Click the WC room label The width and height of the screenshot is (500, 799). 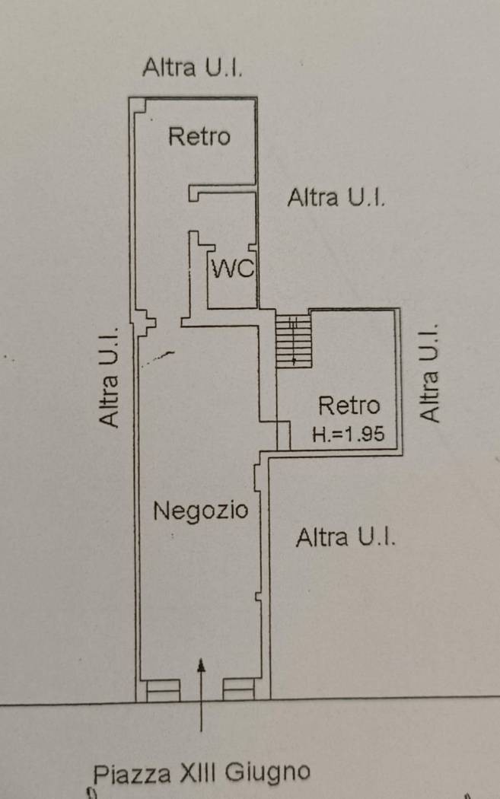tap(233, 268)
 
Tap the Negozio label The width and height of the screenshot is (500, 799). tap(201, 510)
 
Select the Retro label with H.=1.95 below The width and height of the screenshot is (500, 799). tap(349, 405)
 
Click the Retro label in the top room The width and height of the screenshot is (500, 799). tap(199, 136)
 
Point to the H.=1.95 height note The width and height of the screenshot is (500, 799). tap(349, 435)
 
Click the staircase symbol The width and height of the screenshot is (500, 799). tap(294, 340)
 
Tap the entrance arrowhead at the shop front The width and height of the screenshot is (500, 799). tap(202, 664)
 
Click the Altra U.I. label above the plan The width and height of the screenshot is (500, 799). tap(193, 67)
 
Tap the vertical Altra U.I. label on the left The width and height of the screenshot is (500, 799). tap(110, 377)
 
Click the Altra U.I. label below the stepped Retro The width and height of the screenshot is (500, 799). tap(346, 537)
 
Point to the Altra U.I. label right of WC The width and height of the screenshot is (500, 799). tap(336, 197)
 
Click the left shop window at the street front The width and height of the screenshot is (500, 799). tap(163, 690)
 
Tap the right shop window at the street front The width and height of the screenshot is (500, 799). tap(238, 690)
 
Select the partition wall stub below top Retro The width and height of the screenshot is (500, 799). tap(221, 192)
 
